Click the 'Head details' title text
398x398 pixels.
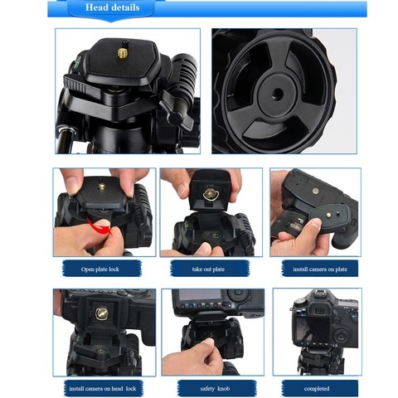click(112, 7)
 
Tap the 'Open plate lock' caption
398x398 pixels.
click(100, 269)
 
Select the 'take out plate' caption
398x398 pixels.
click(208, 269)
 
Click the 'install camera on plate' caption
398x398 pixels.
click(320, 269)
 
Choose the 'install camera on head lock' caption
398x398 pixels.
click(103, 388)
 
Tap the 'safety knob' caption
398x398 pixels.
click(215, 388)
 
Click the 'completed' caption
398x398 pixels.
click(317, 388)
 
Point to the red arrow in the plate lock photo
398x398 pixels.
click(100, 225)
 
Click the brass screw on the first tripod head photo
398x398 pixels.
click(122, 52)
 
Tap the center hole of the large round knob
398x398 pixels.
click(278, 95)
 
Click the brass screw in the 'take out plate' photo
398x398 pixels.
click(211, 193)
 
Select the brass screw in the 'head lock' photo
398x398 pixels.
click(102, 313)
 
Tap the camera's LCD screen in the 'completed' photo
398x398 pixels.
click(313, 329)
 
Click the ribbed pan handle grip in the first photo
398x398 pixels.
click(185, 72)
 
